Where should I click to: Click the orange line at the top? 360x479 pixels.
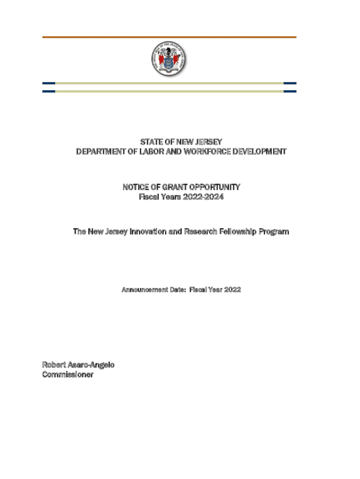(x=169, y=37)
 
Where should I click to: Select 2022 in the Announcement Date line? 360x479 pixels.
(x=232, y=290)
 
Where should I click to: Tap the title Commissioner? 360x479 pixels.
(x=68, y=375)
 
